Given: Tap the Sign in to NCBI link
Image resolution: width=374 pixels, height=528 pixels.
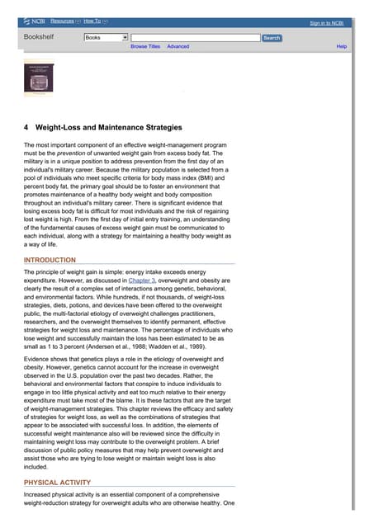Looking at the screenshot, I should pyautogui.click(x=327, y=24).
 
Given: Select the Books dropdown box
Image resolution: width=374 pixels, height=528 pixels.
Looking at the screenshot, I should pyautogui.click(x=106, y=38).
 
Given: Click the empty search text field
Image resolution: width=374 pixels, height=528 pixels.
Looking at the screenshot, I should pyautogui.click(x=195, y=38).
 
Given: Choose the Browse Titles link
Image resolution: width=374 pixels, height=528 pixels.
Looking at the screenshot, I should pyautogui.click(x=145, y=47).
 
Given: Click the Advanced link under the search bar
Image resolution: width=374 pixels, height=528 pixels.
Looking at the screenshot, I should pyautogui.click(x=178, y=47).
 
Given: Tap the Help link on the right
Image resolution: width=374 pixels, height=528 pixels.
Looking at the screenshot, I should pyautogui.click(x=341, y=47).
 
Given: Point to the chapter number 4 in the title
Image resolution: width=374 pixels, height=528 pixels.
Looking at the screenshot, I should pyautogui.click(x=26, y=128).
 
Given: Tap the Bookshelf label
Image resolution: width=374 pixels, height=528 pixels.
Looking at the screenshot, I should pyautogui.click(x=40, y=38).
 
